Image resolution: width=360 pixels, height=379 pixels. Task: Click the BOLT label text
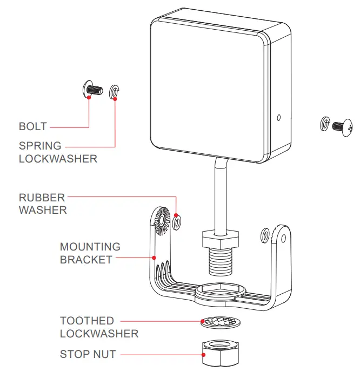(x=33, y=127)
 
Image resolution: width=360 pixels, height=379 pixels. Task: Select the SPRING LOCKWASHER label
(x=58, y=152)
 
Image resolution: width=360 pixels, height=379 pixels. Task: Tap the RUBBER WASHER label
(x=43, y=204)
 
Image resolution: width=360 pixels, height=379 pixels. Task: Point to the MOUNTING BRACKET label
(x=86, y=253)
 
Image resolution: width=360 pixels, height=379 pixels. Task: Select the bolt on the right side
(x=342, y=127)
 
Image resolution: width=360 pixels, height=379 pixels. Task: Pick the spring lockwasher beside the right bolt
(x=324, y=123)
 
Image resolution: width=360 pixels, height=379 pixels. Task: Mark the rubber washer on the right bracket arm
(x=266, y=235)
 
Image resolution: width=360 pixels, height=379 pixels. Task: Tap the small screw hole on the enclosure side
(x=278, y=117)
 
